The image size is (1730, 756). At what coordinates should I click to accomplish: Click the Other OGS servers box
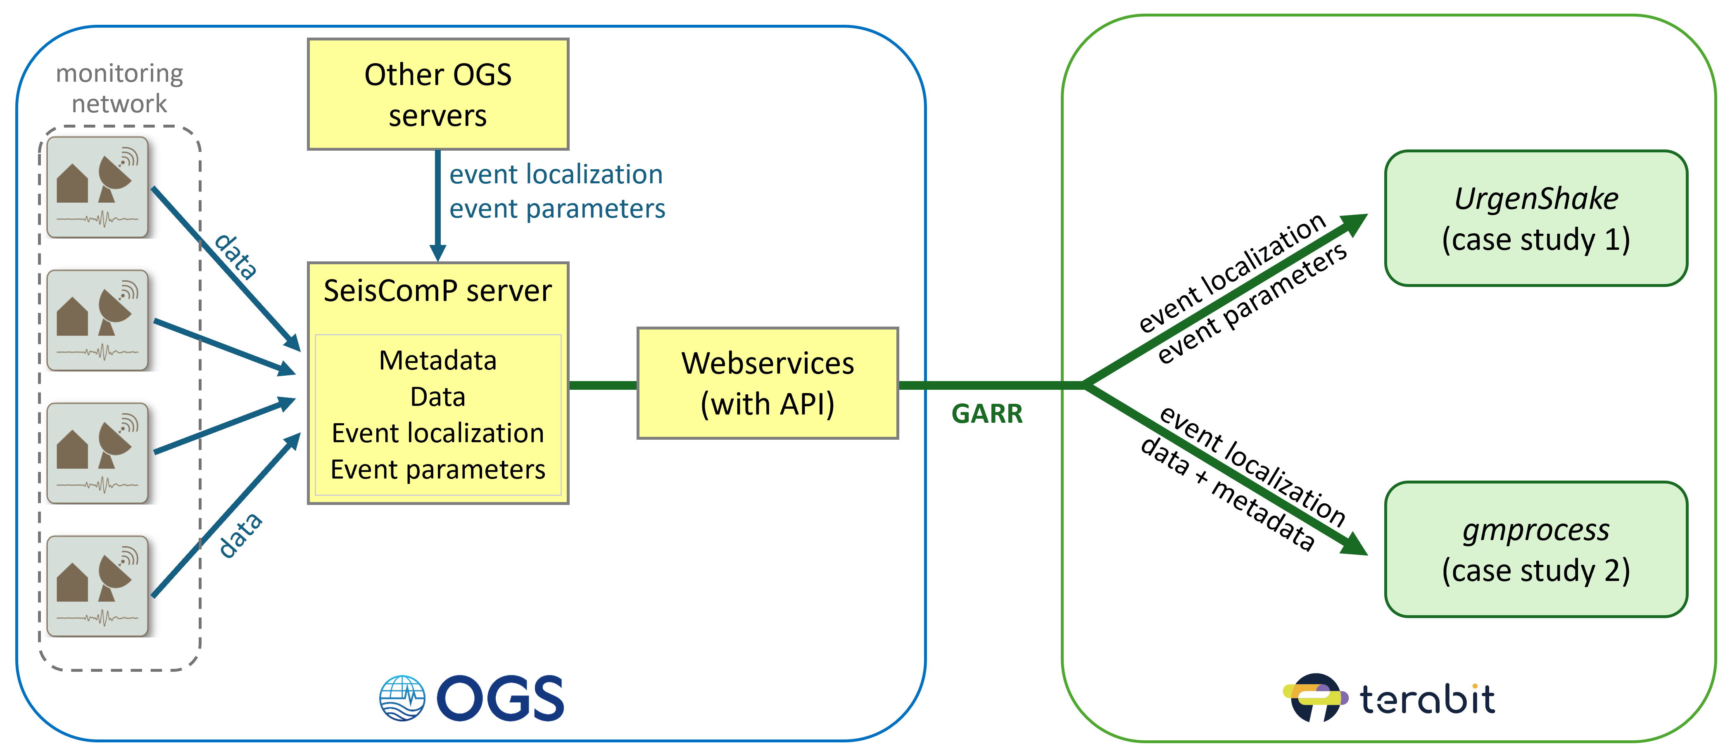tap(438, 94)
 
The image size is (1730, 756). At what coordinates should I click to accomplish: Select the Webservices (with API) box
tap(767, 384)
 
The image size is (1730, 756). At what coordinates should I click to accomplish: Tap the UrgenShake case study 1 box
tap(1535, 218)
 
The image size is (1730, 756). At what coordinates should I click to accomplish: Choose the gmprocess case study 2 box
tap(1535, 549)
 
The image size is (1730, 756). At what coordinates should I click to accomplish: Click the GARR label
tap(986, 414)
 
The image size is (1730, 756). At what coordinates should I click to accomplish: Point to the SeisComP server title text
tap(438, 291)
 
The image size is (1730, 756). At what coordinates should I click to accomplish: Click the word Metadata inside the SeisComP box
tap(438, 360)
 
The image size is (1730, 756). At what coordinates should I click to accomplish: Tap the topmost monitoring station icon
tap(98, 187)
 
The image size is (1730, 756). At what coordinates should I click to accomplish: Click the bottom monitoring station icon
tap(98, 586)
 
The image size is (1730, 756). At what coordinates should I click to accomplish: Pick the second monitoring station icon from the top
tap(98, 320)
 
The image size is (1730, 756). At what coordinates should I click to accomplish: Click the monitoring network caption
tap(119, 88)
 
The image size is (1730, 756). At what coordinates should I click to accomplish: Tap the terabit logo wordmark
tap(1427, 699)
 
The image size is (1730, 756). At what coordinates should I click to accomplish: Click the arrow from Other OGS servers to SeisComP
tap(438, 205)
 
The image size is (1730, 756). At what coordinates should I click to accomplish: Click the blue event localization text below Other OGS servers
tap(556, 175)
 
